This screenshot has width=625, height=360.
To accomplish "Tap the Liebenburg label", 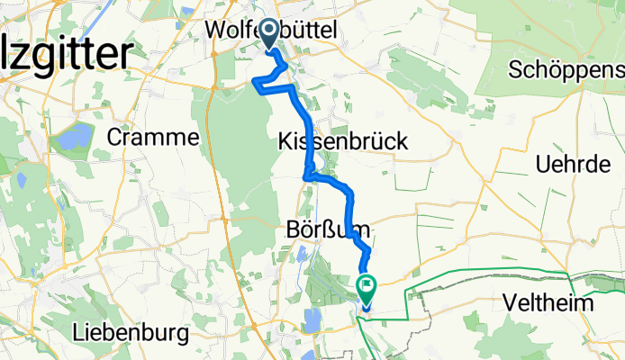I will click(131, 334).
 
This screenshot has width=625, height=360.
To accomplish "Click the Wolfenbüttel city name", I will click(271, 31).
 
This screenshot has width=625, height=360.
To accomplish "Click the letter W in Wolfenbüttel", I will click(215, 31).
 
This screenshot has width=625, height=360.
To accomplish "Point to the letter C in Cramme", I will click(114, 137).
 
